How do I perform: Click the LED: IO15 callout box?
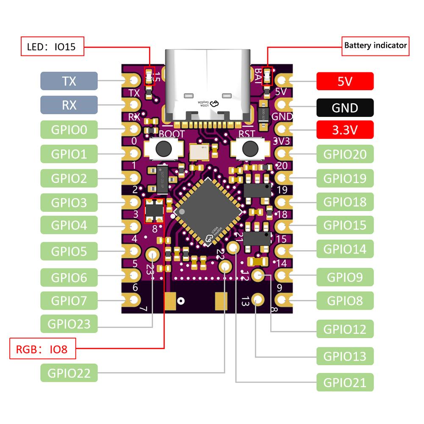click(52, 47)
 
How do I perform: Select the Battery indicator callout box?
click(375, 45)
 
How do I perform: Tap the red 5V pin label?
click(345, 81)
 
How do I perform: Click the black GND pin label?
click(345, 108)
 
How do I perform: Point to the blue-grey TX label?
click(69, 80)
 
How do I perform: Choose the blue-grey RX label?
click(69, 105)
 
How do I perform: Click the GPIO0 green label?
click(69, 130)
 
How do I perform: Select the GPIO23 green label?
click(69, 324)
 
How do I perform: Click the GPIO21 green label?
click(345, 382)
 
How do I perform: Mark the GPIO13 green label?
click(345, 356)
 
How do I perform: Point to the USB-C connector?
click(206, 85)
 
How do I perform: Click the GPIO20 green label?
click(345, 154)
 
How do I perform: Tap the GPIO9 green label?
click(345, 277)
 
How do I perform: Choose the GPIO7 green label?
click(69, 301)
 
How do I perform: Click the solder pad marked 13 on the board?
click(257, 299)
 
